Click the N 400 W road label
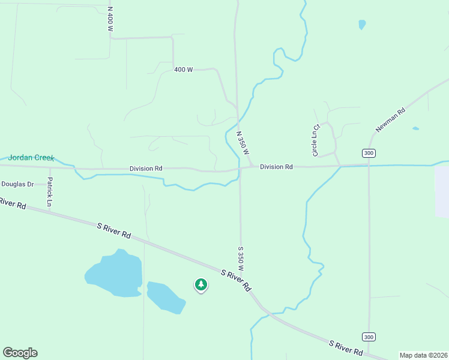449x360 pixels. pyautogui.click(x=110, y=20)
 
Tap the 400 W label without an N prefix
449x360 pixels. pyautogui.click(x=183, y=70)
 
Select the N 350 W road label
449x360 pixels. pyautogui.click(x=243, y=143)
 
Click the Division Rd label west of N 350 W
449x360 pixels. pyautogui.click(x=146, y=169)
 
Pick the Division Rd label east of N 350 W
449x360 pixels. pyautogui.click(x=276, y=166)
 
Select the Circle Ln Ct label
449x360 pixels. pyautogui.click(x=316, y=140)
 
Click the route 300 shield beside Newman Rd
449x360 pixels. pyautogui.click(x=369, y=153)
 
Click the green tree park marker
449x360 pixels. pyautogui.click(x=201, y=284)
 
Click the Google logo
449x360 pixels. pyautogui.click(x=20, y=353)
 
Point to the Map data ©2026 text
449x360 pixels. pyautogui.click(x=423, y=355)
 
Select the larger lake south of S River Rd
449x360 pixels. pyautogui.click(x=114, y=274)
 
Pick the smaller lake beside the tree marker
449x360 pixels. pyautogui.click(x=164, y=297)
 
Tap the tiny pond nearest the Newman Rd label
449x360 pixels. pyautogui.click(x=415, y=128)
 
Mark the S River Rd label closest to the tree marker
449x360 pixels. pyautogui.click(x=236, y=280)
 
